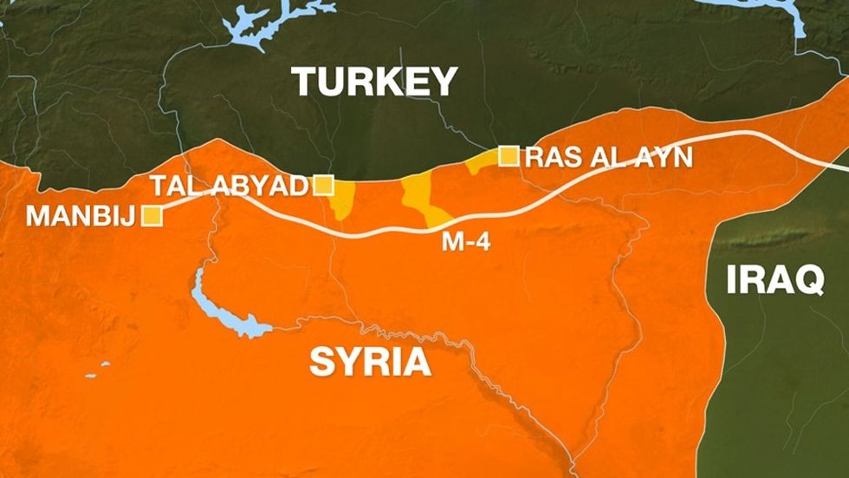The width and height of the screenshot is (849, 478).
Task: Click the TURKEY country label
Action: [x=374, y=82]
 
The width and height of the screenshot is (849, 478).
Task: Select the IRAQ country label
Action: [x=774, y=280]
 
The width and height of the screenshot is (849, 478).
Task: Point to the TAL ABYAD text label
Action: [x=230, y=185]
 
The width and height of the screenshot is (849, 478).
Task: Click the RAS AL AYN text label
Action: [x=609, y=157]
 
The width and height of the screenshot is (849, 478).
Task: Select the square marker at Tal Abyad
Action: [x=323, y=184]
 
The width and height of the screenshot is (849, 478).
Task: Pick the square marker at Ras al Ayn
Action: [x=509, y=156]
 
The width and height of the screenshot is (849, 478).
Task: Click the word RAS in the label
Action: [x=552, y=157]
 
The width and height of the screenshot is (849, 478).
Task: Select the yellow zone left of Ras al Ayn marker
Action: [x=479, y=163]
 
